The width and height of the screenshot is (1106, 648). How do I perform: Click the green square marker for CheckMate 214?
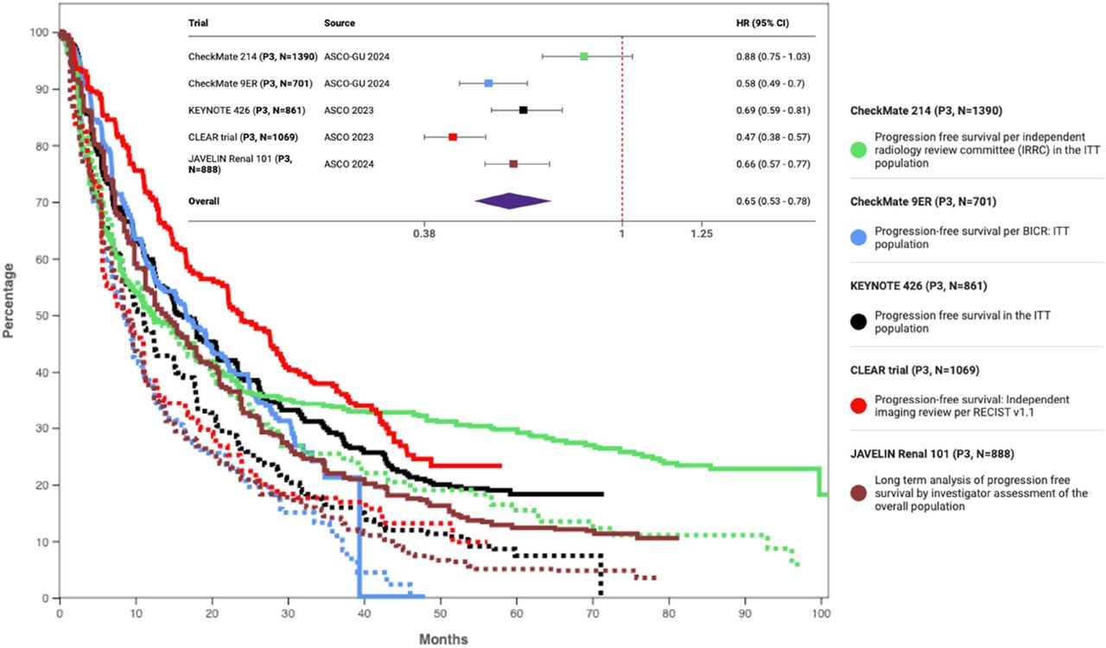point(584,56)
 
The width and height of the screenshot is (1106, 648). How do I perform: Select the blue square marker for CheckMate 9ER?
point(488,83)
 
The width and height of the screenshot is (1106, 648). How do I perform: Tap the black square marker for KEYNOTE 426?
point(523,110)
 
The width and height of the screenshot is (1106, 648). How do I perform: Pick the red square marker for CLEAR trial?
point(453,137)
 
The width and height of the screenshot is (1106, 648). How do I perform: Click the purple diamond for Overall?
point(512,200)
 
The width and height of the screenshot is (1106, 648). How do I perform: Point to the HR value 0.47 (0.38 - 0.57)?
point(768,137)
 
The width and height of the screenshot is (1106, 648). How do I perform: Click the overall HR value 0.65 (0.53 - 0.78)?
point(768,200)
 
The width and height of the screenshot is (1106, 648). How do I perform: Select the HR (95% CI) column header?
point(756,23)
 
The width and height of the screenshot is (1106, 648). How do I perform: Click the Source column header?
point(339,23)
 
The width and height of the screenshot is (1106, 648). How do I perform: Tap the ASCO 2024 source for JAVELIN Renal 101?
point(349,163)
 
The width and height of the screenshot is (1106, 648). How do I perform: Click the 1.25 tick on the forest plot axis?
point(702,233)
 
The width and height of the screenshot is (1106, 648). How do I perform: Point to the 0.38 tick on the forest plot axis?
point(424,233)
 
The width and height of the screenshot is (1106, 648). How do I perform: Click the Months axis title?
point(443,639)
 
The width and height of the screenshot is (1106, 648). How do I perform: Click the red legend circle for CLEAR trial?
point(859,406)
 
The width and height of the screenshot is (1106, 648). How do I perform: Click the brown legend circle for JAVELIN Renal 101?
point(859,493)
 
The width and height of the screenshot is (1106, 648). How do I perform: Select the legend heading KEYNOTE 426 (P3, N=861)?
point(918,286)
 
